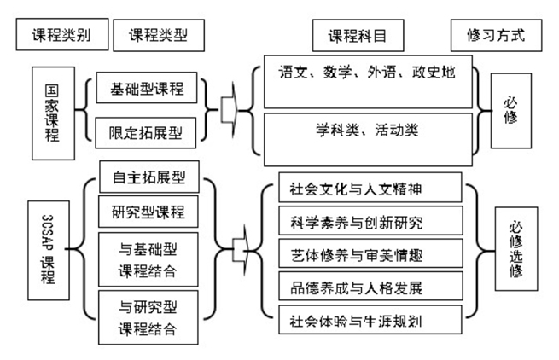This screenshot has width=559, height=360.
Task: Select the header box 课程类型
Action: click(x=159, y=36)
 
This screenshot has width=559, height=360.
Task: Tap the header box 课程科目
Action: click(x=358, y=36)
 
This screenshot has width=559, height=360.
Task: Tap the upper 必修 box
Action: click(x=510, y=108)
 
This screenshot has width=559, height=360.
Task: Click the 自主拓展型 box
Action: click(x=148, y=178)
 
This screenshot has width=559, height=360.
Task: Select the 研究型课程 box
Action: click(x=148, y=212)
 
